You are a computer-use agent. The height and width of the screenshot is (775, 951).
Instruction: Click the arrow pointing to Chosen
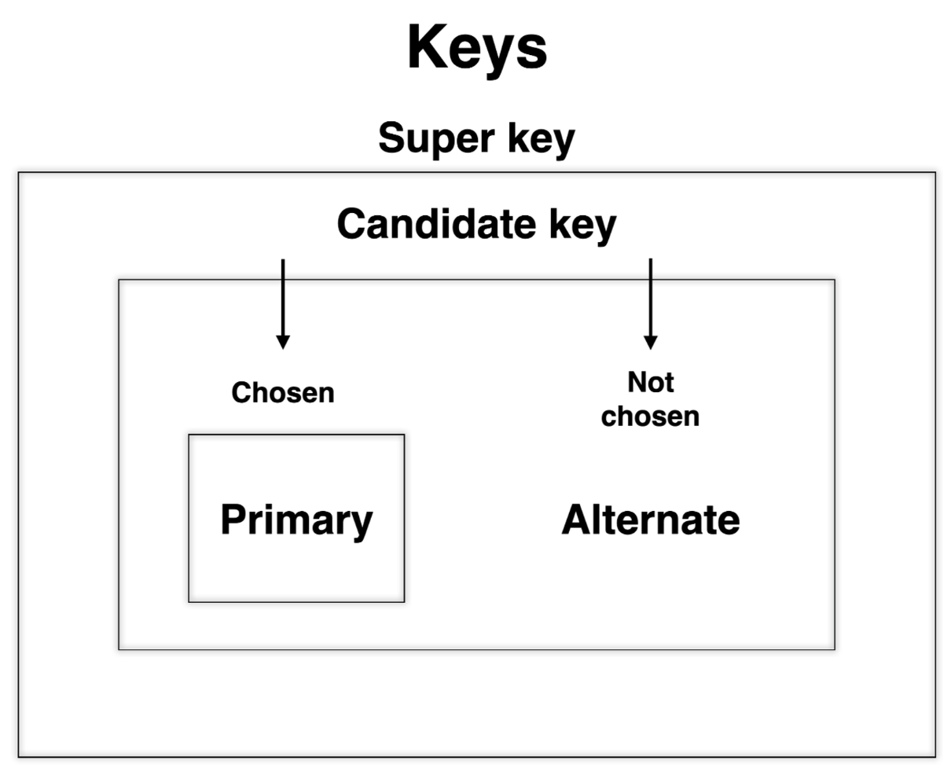point(283,303)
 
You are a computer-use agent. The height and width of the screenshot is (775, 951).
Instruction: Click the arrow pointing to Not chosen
point(650,303)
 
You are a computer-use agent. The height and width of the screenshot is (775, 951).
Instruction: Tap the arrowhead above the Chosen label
point(283,342)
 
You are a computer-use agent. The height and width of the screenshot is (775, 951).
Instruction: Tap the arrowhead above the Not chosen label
point(650,342)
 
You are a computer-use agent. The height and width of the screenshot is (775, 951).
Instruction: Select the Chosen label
point(283,392)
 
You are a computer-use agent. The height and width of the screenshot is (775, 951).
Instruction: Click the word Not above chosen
point(651,383)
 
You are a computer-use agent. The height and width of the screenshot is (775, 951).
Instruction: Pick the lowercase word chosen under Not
point(650,416)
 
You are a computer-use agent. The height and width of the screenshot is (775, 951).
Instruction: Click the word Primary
point(296,520)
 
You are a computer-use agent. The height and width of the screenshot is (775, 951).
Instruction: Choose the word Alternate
point(651,520)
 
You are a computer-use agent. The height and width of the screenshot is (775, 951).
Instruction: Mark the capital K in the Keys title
point(428,47)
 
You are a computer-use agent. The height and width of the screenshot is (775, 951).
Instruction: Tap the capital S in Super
point(391,138)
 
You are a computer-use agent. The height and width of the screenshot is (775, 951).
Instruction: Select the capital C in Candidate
point(351,224)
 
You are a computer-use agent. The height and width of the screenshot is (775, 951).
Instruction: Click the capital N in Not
point(636,383)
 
